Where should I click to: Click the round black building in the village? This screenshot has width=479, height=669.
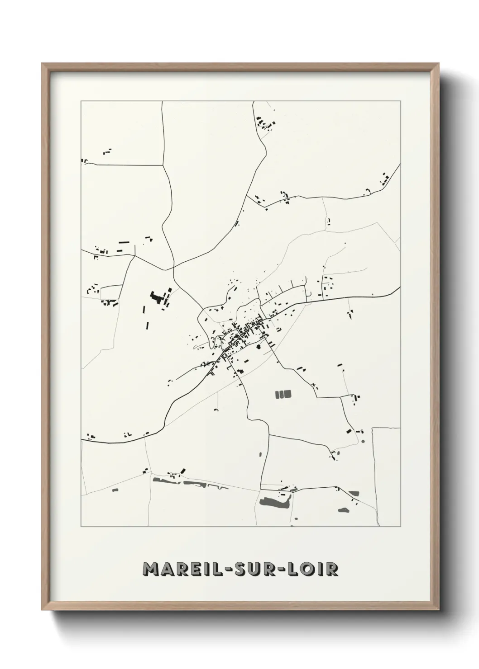(258, 347)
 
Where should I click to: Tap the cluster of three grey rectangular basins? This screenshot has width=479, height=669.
(283, 394)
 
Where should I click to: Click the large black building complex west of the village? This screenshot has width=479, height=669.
(157, 298)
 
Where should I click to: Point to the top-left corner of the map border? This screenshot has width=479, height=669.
(81, 101)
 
